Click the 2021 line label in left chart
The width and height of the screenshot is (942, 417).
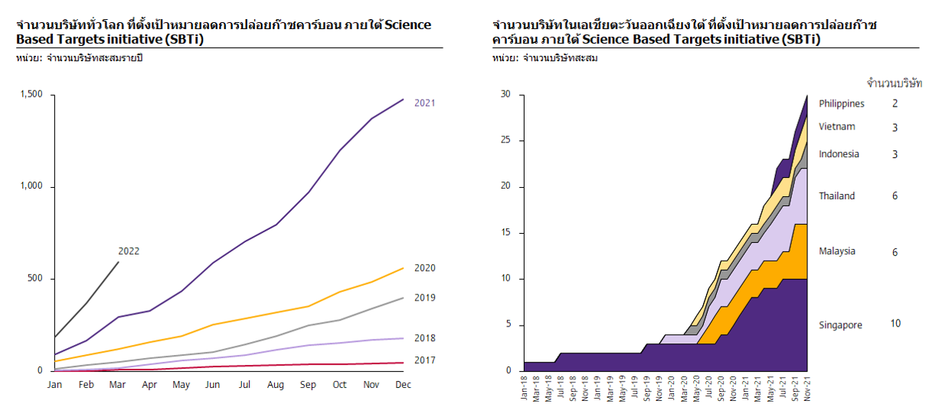coord(424,103)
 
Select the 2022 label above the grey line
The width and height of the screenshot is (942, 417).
coord(129,251)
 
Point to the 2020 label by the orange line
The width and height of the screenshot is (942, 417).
coord(424,268)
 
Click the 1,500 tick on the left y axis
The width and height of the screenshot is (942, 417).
coord(31,95)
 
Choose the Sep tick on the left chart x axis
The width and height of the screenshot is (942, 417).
coord(308,385)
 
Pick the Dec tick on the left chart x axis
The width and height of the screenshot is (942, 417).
coord(403,385)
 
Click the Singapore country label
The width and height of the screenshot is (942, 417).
coord(840,325)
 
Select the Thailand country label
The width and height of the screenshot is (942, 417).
coord(836,196)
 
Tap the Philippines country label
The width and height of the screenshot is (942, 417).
coord(841,103)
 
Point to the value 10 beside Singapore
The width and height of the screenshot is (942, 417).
coord(895,323)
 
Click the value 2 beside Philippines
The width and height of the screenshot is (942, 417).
coord(895,103)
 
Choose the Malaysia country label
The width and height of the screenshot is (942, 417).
coord(836,251)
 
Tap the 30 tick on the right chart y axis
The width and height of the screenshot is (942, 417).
coord(505,95)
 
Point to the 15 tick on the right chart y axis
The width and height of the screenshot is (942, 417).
coord(505,233)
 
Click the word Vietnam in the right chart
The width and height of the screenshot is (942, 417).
coord(836,126)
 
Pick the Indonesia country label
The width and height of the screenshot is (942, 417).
coord(839,154)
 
